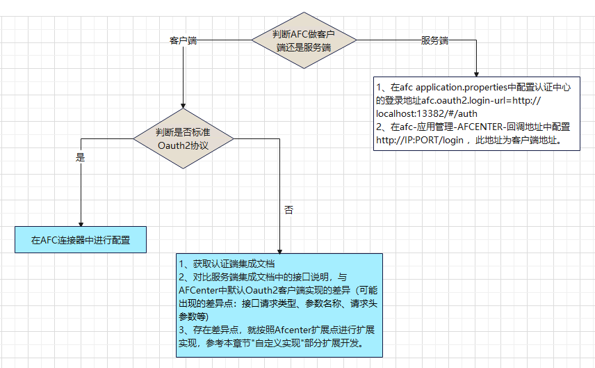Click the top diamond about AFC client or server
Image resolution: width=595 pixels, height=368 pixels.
[x=303, y=40]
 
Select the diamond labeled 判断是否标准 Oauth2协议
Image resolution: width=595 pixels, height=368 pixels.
[x=183, y=138]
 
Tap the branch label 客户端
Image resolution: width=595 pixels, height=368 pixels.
[x=183, y=41]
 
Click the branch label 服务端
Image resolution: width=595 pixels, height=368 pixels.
[x=434, y=40]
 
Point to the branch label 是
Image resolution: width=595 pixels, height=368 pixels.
[x=80, y=157]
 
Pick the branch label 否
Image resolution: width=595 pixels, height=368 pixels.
[x=289, y=209]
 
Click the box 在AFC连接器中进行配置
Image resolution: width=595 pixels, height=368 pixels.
[x=81, y=241]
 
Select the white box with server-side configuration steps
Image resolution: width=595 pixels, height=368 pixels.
[x=476, y=114]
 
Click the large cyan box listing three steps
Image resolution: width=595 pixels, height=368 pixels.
[x=279, y=304]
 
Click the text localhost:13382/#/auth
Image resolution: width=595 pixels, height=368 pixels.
[x=427, y=113]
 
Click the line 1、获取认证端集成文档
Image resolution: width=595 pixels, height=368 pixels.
[x=227, y=264]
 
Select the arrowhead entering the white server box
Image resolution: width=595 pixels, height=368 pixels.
[x=477, y=73]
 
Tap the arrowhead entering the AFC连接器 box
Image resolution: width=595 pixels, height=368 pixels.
[x=81, y=223]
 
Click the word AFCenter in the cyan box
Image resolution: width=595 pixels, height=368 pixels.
[x=201, y=289]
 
